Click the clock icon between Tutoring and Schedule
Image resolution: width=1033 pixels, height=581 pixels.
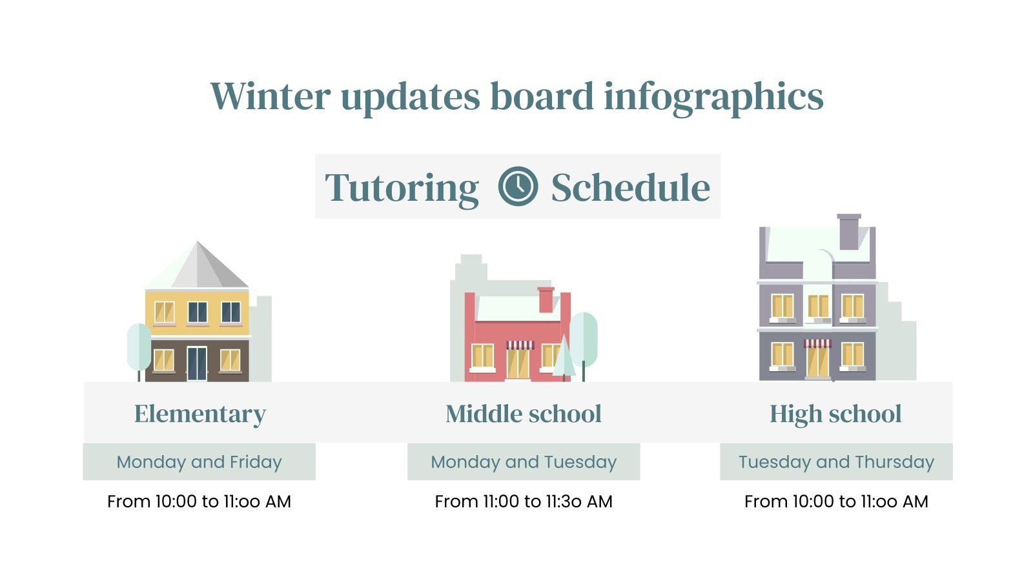pos(518,187)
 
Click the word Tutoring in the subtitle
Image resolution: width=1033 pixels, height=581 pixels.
pos(402,188)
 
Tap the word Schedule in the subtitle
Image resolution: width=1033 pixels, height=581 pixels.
pos(630,188)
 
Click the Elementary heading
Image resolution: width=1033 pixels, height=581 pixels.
pos(199,414)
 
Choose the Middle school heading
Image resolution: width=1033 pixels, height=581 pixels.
pos(523,414)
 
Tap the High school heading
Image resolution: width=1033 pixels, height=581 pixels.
pos(835,414)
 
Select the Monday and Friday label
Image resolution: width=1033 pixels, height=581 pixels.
pos(199,462)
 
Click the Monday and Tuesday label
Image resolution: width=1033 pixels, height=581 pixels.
pos(523,462)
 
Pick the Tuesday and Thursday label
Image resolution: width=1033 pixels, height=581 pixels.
pos(836,462)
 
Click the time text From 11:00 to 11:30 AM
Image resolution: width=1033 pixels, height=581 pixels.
pos(523,502)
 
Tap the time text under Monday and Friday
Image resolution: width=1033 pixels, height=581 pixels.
pos(199,502)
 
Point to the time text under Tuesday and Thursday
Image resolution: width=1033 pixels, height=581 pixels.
pos(836,502)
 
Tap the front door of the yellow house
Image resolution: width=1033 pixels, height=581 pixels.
pos(197,363)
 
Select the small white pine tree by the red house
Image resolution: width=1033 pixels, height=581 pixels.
pos(564,358)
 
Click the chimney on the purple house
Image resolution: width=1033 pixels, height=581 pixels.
pos(848,232)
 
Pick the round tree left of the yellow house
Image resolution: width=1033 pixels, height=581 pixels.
pos(139,347)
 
